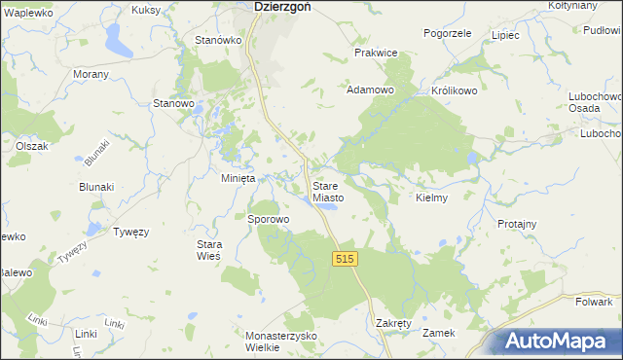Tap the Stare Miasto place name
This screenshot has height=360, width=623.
(x=328, y=192)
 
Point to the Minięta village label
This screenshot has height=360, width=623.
(x=238, y=179)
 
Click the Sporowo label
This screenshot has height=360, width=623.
(x=269, y=220)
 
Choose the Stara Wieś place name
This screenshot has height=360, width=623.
(x=210, y=249)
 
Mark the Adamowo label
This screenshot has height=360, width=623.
(x=370, y=90)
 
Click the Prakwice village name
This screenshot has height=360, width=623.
(x=376, y=53)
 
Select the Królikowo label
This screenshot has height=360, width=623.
(x=453, y=90)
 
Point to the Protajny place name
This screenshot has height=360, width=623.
(x=517, y=224)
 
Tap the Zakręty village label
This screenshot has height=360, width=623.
(x=394, y=322)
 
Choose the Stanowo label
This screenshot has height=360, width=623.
(x=175, y=102)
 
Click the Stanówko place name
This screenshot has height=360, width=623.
(x=218, y=40)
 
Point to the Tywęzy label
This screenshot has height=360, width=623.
(x=130, y=233)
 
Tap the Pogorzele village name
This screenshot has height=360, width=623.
(x=448, y=33)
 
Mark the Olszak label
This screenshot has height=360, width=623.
(x=32, y=145)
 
